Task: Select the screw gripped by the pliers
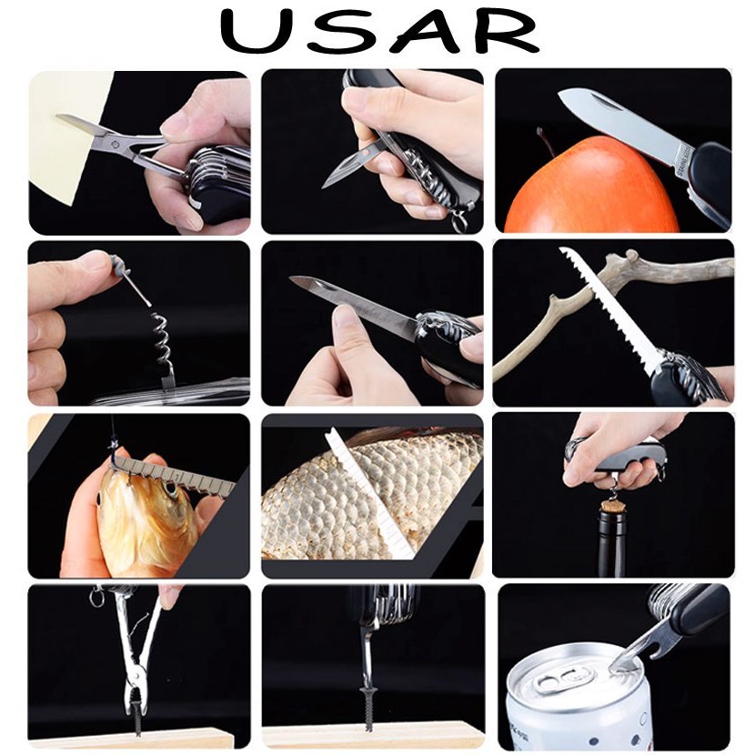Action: [138, 711]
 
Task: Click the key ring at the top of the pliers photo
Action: [96, 597]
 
